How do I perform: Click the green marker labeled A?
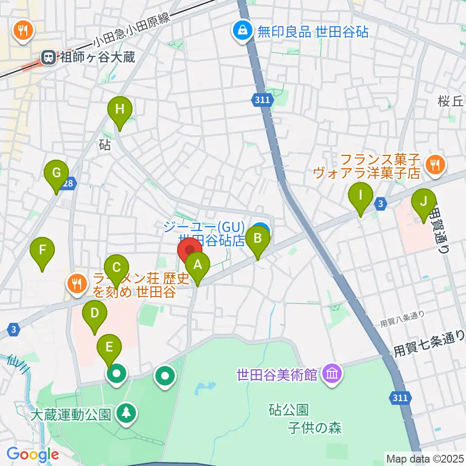click(x=197, y=265)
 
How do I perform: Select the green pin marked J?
click(x=424, y=201)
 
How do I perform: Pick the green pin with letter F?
click(x=42, y=250)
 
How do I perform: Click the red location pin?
click(x=189, y=250)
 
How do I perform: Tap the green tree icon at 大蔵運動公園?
click(x=126, y=414)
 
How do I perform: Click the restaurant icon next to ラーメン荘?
click(x=77, y=285)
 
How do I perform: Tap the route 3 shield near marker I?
click(x=382, y=204)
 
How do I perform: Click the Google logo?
click(x=33, y=454)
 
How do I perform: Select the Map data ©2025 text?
click(x=425, y=458)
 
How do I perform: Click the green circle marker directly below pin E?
click(x=116, y=374)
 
